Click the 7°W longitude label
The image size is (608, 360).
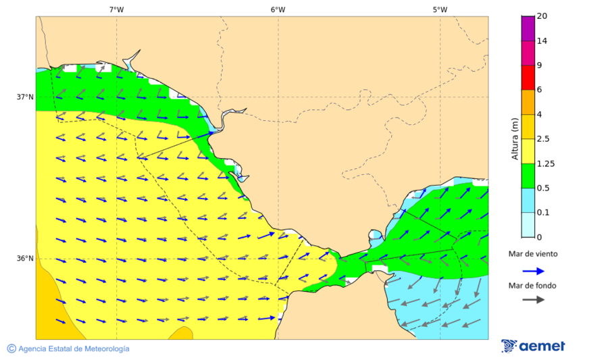pyautogui.click(x=116, y=9)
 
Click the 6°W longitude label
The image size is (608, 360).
pyautogui.click(x=278, y=9)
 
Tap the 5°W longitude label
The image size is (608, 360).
pyautogui.click(x=440, y=9)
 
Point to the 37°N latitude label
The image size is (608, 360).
pyautogui.click(x=25, y=97)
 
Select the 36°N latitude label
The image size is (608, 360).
pyautogui.click(x=25, y=259)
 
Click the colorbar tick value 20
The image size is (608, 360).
pyautogui.click(x=542, y=16)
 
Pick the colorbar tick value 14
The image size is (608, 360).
pyautogui.click(x=542, y=41)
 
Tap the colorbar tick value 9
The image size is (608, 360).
pyautogui.click(x=539, y=66)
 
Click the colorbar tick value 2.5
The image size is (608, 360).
pyautogui.click(x=542, y=139)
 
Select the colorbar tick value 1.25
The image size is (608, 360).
pyautogui.click(x=544, y=163)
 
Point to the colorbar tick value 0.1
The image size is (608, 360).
pyautogui.click(x=542, y=213)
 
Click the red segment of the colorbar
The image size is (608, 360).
pyautogui.click(x=528, y=78)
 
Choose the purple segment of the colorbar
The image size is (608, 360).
pyautogui.click(x=528, y=28)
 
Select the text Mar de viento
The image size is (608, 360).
pyautogui.click(x=533, y=254)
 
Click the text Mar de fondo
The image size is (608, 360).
pyautogui.click(x=533, y=285)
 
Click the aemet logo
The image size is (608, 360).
pyautogui.click(x=533, y=346)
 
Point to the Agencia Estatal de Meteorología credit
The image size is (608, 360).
pyautogui.click(x=68, y=349)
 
